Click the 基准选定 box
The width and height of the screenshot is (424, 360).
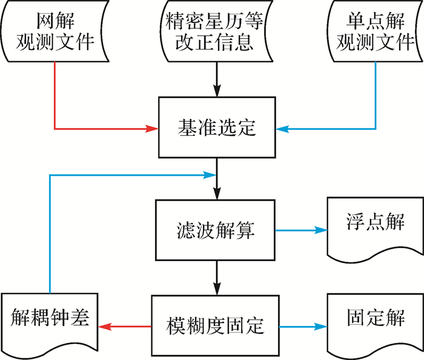(x=217, y=128)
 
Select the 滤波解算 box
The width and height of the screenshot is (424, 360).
(x=216, y=230)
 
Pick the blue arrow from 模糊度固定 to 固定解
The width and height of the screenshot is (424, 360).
(x=303, y=326)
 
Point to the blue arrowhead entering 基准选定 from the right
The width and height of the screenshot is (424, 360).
(x=282, y=128)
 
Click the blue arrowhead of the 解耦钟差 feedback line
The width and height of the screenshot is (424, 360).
(x=211, y=175)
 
